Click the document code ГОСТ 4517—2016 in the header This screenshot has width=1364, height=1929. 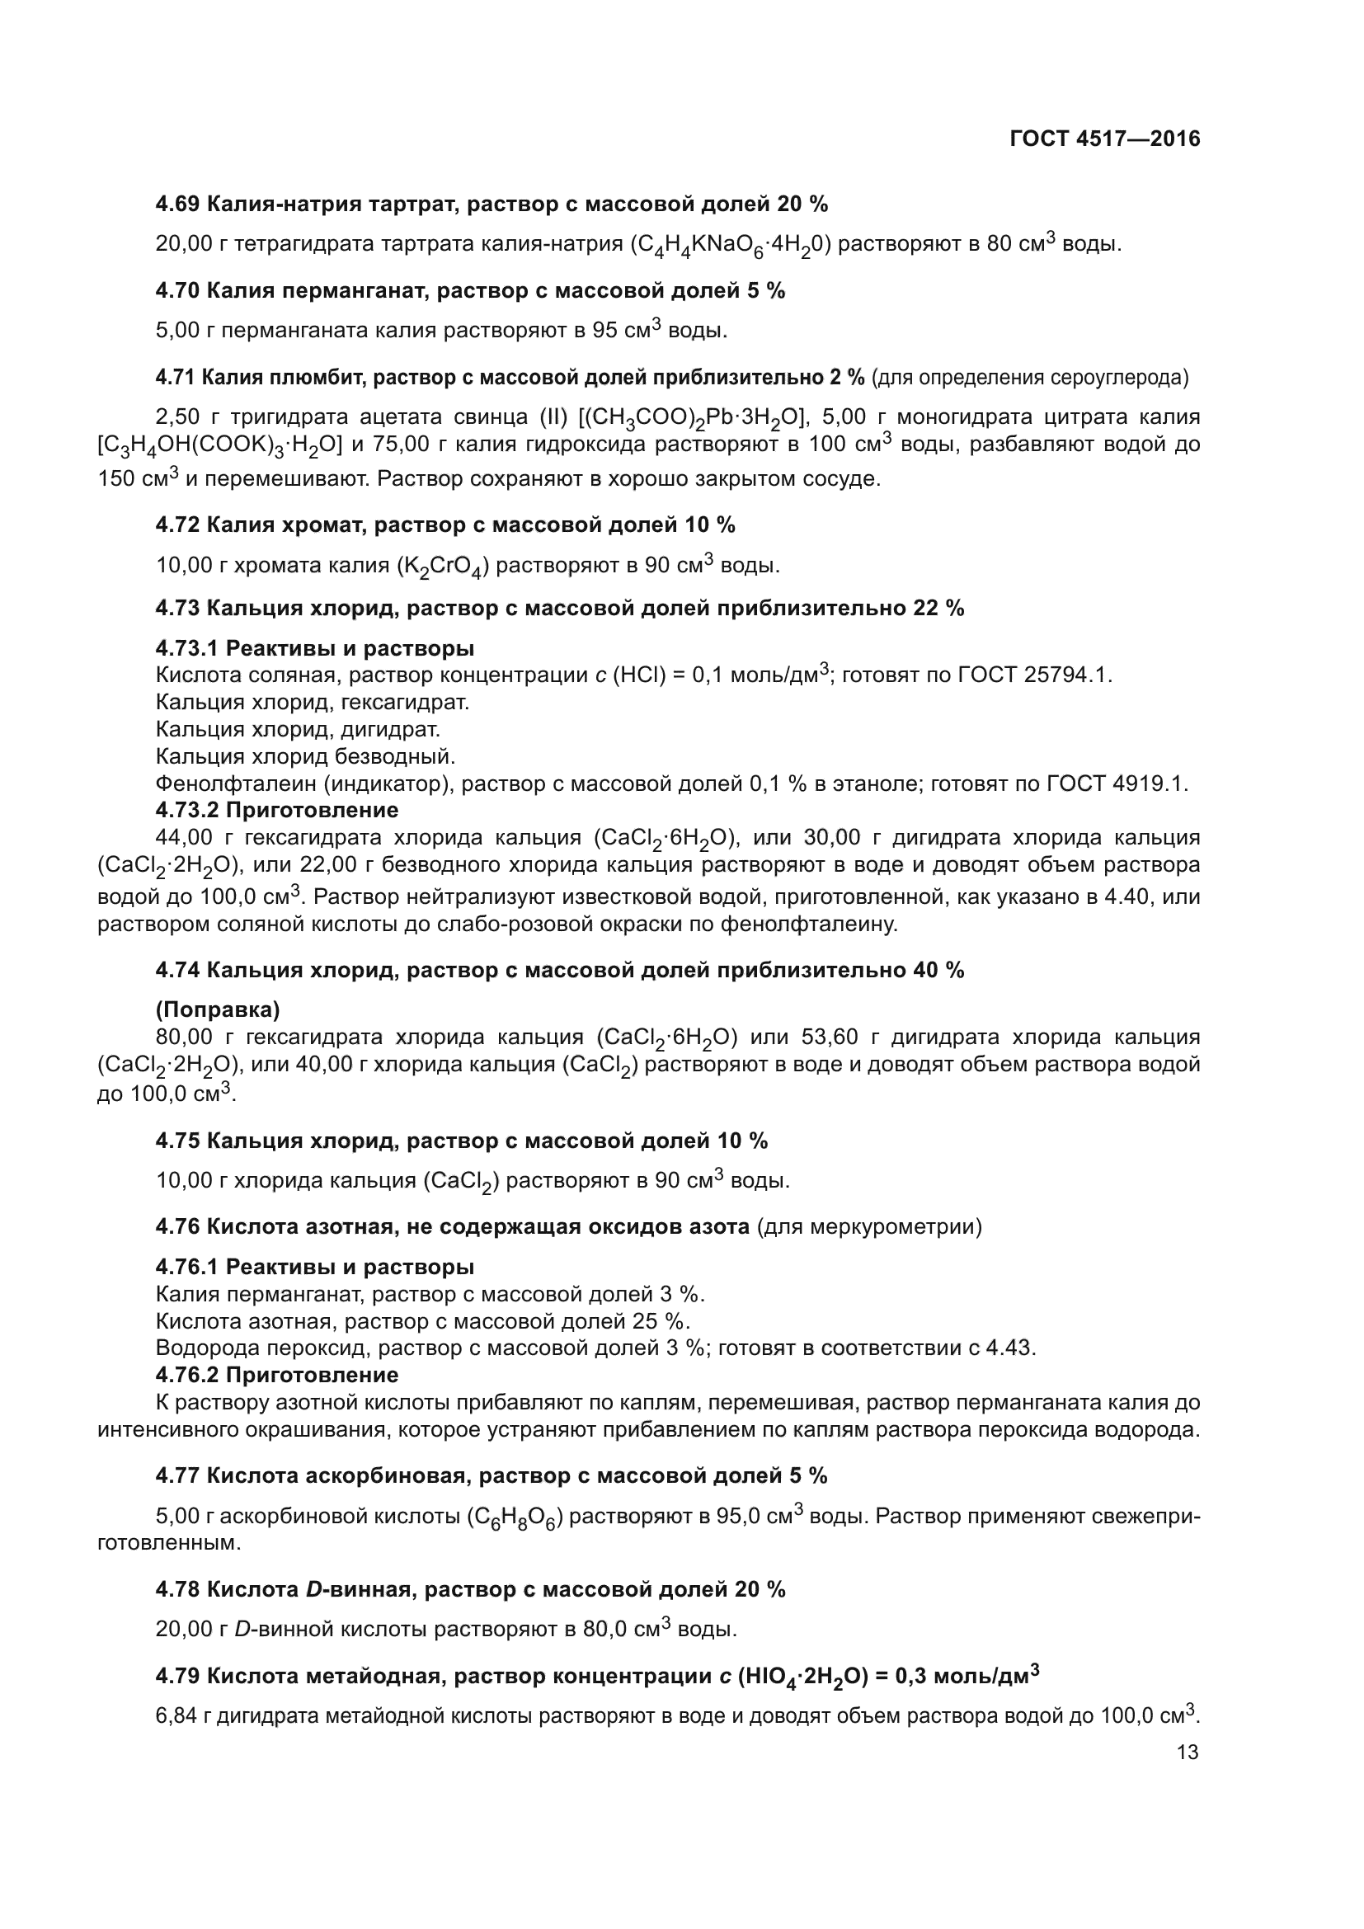[x=1104, y=139]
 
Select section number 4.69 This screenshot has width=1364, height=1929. [x=177, y=205]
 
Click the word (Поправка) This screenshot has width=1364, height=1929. [x=218, y=1009]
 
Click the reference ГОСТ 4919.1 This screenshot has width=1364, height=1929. [x=1117, y=783]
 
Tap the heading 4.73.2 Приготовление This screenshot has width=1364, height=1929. [x=276, y=811]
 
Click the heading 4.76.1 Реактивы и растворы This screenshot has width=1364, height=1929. [x=314, y=1267]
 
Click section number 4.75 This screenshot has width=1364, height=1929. [x=177, y=1141]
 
